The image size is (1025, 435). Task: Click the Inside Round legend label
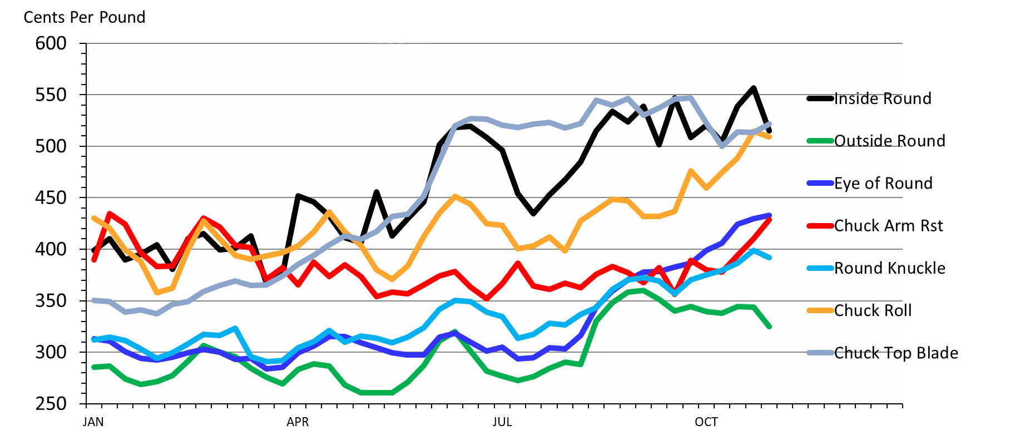click(x=883, y=98)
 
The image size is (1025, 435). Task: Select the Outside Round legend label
click(x=889, y=141)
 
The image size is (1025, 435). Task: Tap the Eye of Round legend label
click(x=883, y=183)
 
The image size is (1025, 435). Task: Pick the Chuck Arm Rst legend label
click(x=888, y=225)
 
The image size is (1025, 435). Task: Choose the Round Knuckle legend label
click(x=889, y=268)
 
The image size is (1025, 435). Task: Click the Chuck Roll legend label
click(x=873, y=310)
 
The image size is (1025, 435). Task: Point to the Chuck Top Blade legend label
click(x=896, y=353)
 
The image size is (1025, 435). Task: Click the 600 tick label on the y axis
click(x=51, y=43)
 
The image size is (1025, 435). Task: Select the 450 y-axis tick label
click(x=51, y=197)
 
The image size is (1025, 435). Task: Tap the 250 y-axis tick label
click(x=51, y=404)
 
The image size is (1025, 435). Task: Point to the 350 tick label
click(x=51, y=301)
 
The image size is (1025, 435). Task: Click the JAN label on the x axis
click(x=93, y=422)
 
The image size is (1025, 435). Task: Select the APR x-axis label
click(x=298, y=422)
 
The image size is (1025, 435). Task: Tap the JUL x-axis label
click(x=502, y=422)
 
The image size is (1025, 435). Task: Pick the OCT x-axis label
click(x=706, y=422)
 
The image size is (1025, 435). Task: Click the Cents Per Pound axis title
click(x=85, y=17)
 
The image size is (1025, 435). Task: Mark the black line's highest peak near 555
click(x=754, y=88)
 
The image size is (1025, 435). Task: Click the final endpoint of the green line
click(x=770, y=327)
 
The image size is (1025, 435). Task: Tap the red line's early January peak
click(x=109, y=214)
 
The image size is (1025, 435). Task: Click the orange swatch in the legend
click(x=820, y=310)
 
